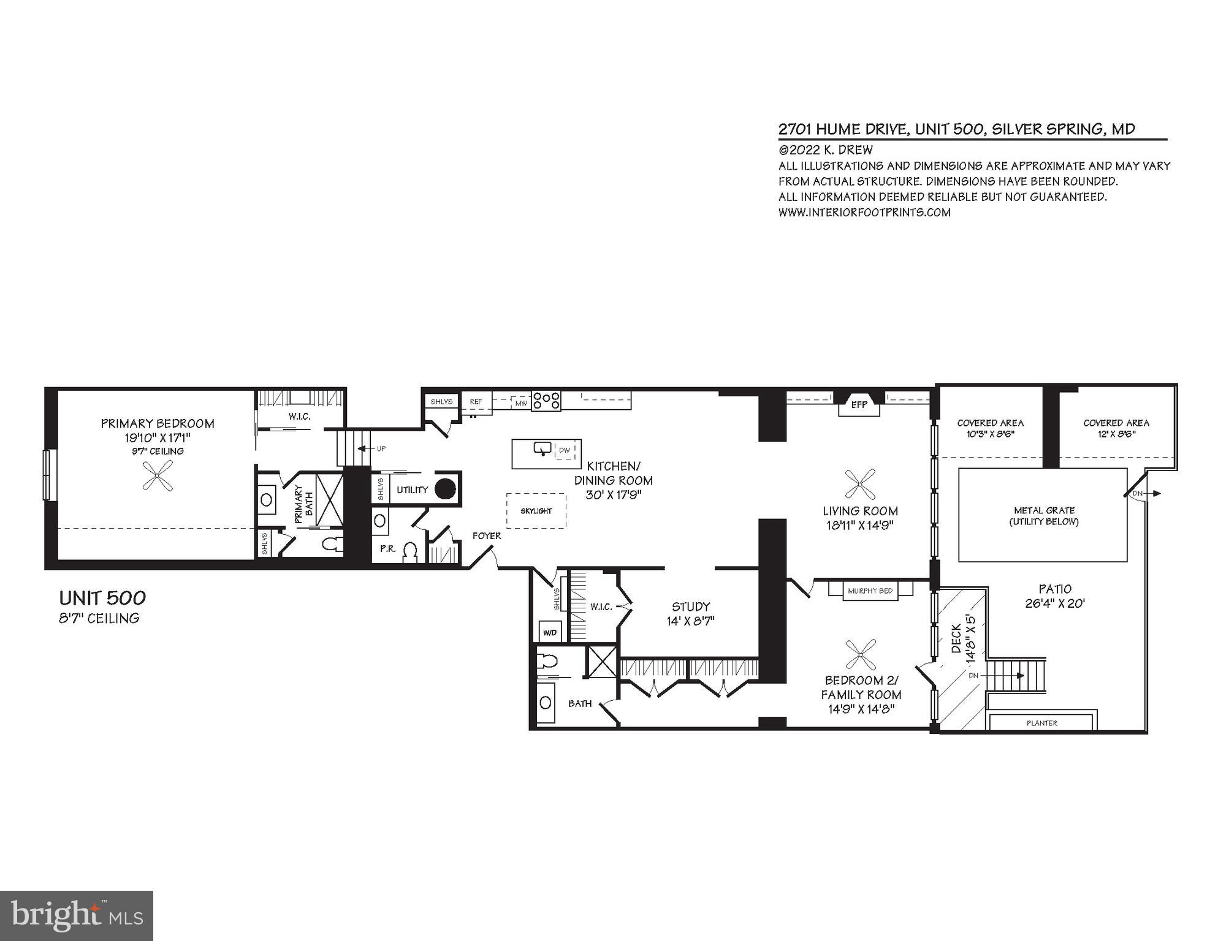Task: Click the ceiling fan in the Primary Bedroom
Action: pos(158,477)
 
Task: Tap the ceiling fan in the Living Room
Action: pos(860,485)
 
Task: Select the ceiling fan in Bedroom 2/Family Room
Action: pos(860,655)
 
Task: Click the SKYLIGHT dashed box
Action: pos(536,511)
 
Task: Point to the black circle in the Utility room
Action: pos(446,489)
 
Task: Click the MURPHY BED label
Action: pos(870,591)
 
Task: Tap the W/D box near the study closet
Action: pos(550,632)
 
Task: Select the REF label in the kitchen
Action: pos(476,402)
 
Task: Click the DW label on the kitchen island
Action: pos(565,450)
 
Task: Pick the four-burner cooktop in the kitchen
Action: pos(546,401)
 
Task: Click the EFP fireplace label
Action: pos(859,405)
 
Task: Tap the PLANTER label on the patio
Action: pos(1042,723)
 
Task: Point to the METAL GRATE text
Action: pos(1044,510)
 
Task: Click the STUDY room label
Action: pos(691,607)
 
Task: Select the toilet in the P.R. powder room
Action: pos(410,552)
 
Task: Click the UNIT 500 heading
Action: pos(102,598)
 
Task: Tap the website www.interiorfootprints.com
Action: pos(864,213)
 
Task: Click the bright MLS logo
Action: pos(76,916)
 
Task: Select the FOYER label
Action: pos(487,536)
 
